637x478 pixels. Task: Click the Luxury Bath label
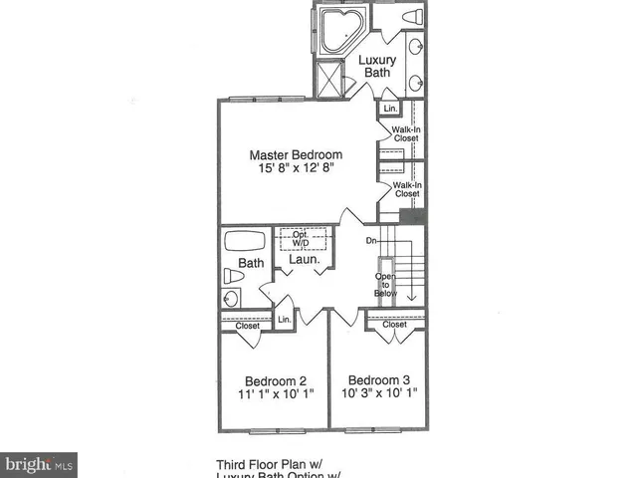pyautogui.click(x=377, y=67)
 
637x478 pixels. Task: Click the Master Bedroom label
pyautogui.click(x=296, y=155)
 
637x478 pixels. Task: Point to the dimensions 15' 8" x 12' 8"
pyautogui.click(x=296, y=170)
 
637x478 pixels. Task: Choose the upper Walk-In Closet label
pyautogui.click(x=405, y=132)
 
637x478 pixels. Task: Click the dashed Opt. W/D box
pyautogui.click(x=303, y=240)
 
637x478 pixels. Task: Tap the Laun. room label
pyautogui.click(x=304, y=260)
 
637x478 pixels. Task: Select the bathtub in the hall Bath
pyautogui.click(x=245, y=242)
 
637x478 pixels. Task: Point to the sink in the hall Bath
pyautogui.click(x=230, y=299)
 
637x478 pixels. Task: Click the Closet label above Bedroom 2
pyautogui.click(x=248, y=326)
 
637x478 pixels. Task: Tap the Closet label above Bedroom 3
pyautogui.click(x=395, y=325)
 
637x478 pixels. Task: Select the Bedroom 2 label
pyautogui.click(x=276, y=379)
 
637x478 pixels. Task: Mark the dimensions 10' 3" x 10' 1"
pyautogui.click(x=378, y=393)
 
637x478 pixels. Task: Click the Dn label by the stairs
pyautogui.click(x=369, y=240)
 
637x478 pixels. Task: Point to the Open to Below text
pyautogui.click(x=385, y=284)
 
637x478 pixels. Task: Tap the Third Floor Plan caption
pyautogui.click(x=278, y=464)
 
